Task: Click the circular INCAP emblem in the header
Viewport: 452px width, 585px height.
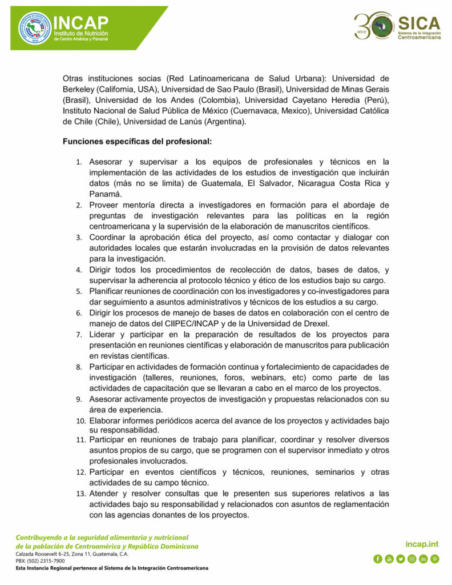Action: [x=34, y=27]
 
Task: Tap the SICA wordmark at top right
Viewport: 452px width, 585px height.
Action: [x=419, y=23]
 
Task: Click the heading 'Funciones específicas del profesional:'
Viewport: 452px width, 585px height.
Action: [x=138, y=141]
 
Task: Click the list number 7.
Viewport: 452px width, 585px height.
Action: [x=79, y=334]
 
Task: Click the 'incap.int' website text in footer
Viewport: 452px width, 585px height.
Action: [x=422, y=544]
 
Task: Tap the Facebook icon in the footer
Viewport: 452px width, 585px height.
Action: [x=377, y=559]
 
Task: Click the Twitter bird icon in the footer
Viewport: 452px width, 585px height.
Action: [x=400, y=559]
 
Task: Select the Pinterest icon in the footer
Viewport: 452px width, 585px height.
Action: [x=434, y=559]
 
